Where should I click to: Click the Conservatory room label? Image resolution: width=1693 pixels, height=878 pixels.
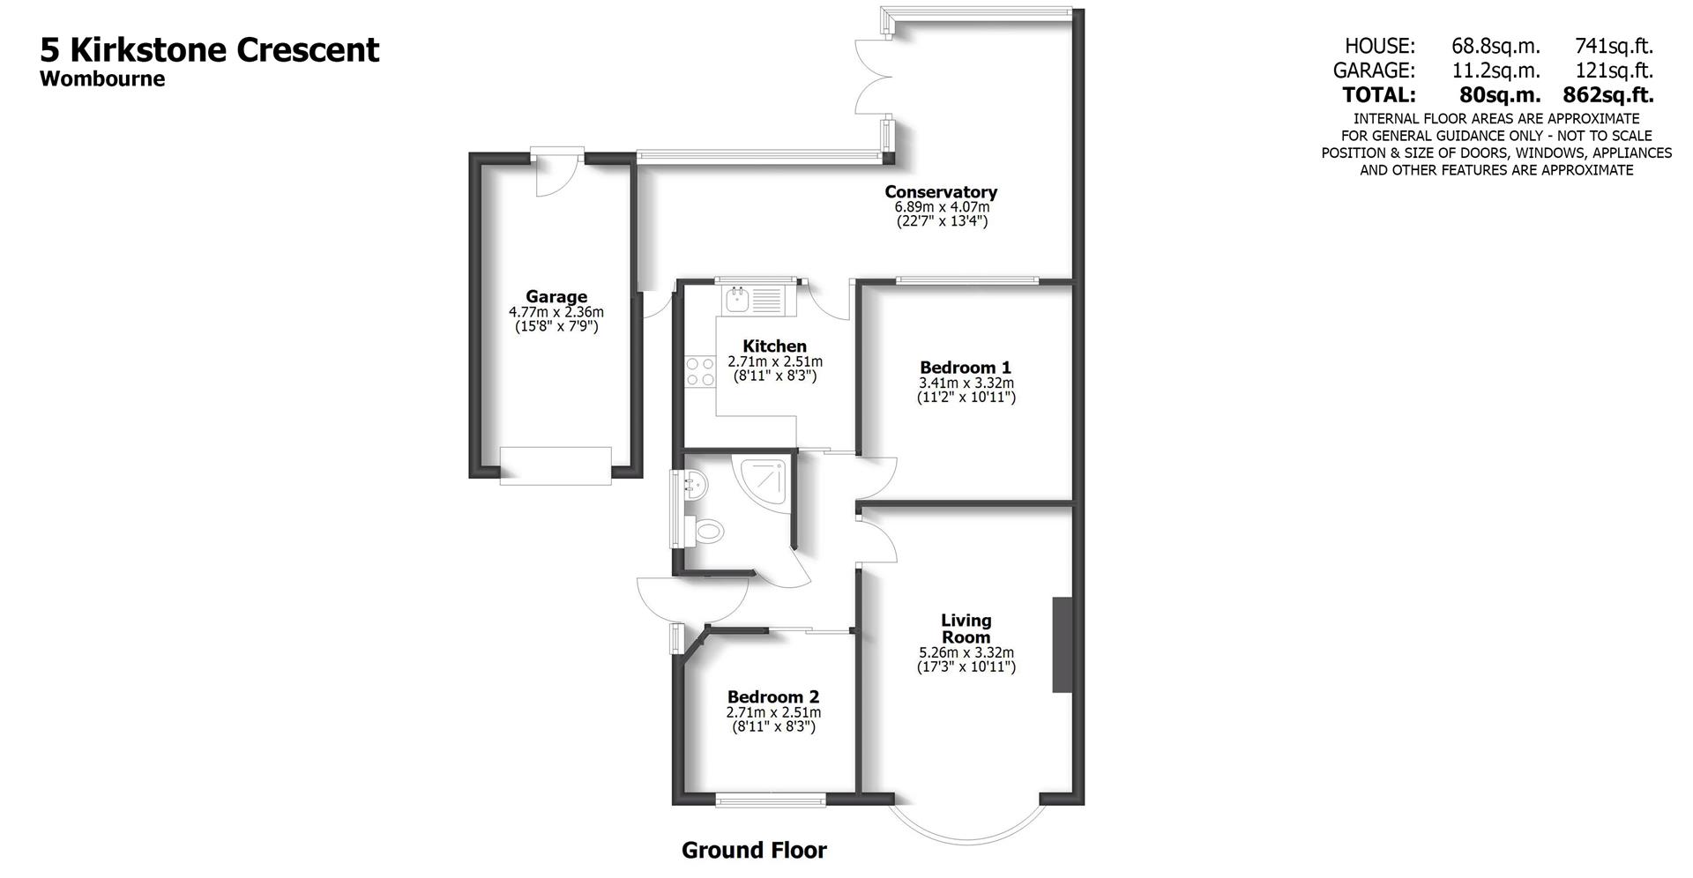941,191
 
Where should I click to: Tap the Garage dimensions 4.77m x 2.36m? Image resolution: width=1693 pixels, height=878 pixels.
556,312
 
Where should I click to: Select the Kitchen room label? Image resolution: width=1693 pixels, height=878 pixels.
774,346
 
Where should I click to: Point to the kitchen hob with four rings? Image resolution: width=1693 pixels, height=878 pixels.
700,371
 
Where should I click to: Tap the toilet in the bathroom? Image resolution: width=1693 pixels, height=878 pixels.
705,531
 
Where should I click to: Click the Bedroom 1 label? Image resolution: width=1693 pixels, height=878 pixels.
965,367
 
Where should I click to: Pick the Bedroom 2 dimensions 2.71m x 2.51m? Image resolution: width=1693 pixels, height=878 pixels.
773,712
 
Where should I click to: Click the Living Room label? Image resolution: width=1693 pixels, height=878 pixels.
966,629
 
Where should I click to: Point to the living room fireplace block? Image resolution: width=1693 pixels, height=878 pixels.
1062,644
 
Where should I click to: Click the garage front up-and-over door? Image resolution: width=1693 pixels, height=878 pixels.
556,465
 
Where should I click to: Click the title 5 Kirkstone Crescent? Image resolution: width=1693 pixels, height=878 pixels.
210,49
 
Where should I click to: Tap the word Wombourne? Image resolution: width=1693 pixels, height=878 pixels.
102,78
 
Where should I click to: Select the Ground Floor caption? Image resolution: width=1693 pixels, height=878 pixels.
754,850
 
